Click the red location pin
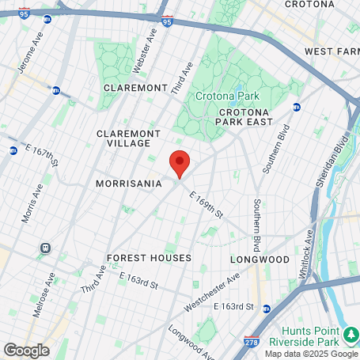coord(180,164)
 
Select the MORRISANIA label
coord(128,183)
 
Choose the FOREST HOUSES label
coord(149,258)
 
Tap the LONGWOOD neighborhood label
coord(260,259)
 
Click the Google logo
coord(27,349)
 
